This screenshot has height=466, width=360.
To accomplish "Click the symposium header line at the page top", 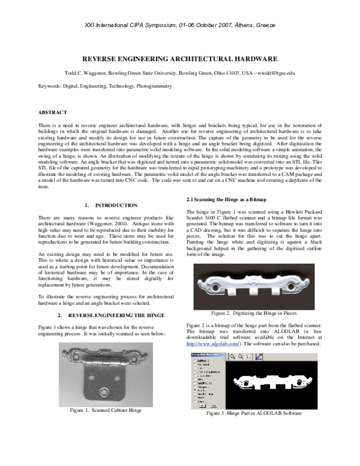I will tap(180, 26).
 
